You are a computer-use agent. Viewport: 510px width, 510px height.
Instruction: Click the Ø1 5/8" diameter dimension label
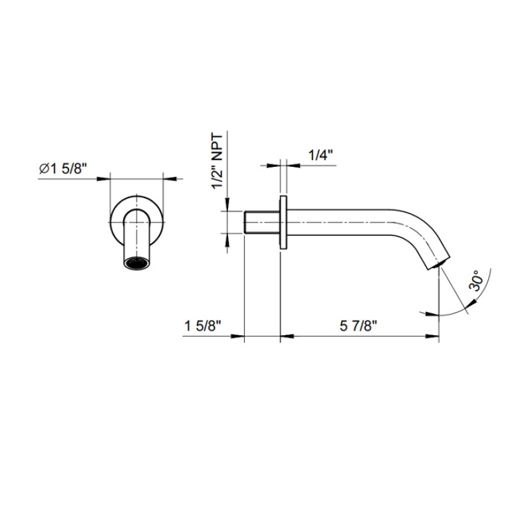coord(63,169)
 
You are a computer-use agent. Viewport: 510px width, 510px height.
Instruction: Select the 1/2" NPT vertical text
coord(217,161)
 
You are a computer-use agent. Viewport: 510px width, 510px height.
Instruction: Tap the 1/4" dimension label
coord(320,155)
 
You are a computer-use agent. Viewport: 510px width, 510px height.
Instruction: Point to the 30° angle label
coord(475,281)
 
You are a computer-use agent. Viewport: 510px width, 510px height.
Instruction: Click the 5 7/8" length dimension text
coord(358,326)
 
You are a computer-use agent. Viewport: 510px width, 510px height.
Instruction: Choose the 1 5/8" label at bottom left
coord(203,326)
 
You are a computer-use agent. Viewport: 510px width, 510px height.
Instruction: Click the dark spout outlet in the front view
coord(136,263)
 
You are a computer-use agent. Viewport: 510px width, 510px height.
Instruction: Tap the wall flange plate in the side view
coord(283,223)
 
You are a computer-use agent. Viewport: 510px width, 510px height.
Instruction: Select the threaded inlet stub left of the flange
coord(262,223)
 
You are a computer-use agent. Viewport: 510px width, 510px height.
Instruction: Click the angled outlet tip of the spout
coord(439,263)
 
